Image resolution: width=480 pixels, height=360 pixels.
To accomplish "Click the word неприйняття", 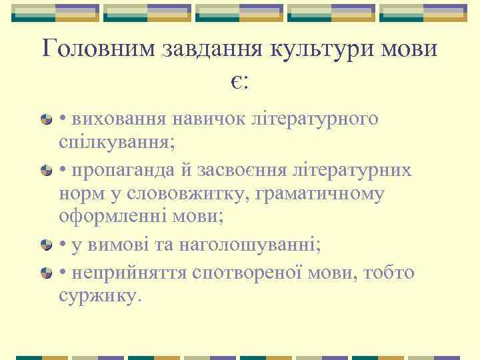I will (x=127, y=273).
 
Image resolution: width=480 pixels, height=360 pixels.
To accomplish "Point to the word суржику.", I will (x=100, y=295).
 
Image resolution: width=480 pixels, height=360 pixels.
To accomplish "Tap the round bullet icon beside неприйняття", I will (x=46, y=273).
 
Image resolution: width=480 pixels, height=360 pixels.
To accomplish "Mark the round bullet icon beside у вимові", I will (x=46, y=246).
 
